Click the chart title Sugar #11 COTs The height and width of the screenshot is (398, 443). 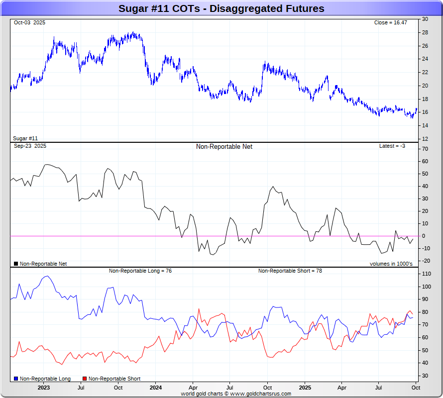(x=221, y=8)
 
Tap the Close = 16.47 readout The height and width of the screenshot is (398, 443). (x=390, y=23)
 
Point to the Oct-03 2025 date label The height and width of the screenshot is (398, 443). (x=30, y=23)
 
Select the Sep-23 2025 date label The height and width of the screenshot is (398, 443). (x=30, y=146)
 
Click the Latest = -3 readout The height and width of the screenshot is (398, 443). (x=393, y=146)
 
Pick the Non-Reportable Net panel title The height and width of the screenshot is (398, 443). (x=224, y=147)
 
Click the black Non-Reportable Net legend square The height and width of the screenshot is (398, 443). (x=16, y=264)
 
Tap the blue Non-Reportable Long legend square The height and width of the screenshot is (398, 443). (x=16, y=379)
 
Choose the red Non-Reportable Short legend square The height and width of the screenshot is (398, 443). (x=84, y=379)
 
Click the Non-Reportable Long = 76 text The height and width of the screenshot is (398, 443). (x=140, y=271)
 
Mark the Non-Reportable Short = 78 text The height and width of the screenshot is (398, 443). (x=290, y=271)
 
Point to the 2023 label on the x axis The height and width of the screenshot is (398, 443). (x=44, y=388)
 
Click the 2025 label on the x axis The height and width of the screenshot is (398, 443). (x=305, y=388)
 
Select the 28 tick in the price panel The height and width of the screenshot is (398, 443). (x=425, y=32)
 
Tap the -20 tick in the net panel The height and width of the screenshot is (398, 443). (x=426, y=261)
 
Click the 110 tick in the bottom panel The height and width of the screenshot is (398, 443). (x=427, y=274)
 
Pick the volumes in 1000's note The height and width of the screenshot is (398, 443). (x=391, y=264)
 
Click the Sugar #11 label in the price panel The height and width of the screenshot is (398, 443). (x=25, y=138)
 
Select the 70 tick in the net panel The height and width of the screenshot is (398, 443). (x=425, y=149)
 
